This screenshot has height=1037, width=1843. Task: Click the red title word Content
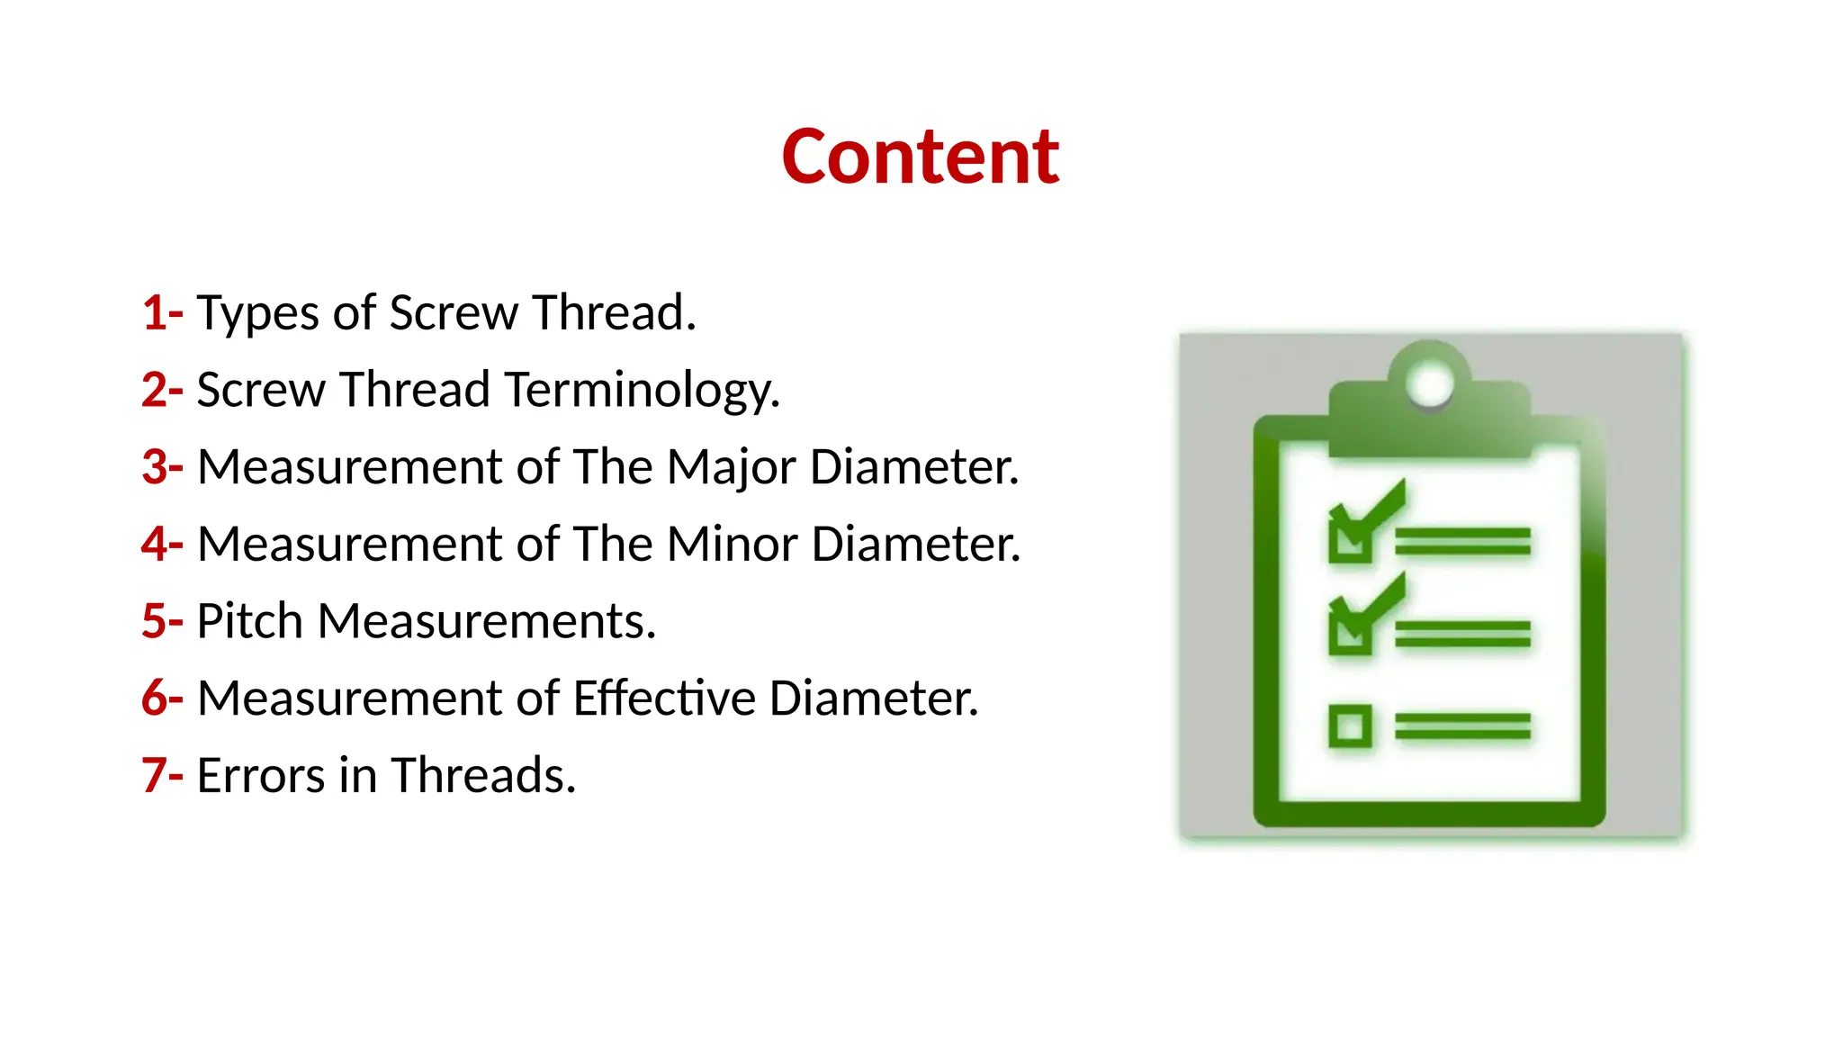click(x=921, y=158)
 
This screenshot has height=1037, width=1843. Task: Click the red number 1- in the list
click(x=162, y=313)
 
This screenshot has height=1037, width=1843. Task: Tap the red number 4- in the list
click(x=162, y=545)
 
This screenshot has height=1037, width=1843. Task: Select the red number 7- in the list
click(x=162, y=775)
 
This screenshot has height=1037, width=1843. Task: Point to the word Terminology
click(x=641, y=392)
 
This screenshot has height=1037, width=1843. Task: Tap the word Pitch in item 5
click(x=249, y=621)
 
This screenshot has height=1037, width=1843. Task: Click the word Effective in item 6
click(x=664, y=699)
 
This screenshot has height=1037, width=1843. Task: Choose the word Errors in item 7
click(x=260, y=776)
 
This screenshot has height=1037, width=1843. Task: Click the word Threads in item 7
click(x=482, y=776)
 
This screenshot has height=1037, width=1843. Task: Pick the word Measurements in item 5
click(x=486, y=621)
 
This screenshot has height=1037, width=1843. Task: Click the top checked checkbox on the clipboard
click(x=1350, y=538)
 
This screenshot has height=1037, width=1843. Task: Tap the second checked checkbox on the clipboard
click(x=1350, y=630)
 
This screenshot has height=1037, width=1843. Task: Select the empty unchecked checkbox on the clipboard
click(x=1350, y=726)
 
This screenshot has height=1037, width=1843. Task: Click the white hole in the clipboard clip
click(x=1429, y=384)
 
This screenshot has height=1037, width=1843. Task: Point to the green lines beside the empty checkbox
click(x=1462, y=726)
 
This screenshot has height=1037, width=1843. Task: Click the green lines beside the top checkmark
click(x=1462, y=542)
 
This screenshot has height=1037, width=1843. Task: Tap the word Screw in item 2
click(x=261, y=392)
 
